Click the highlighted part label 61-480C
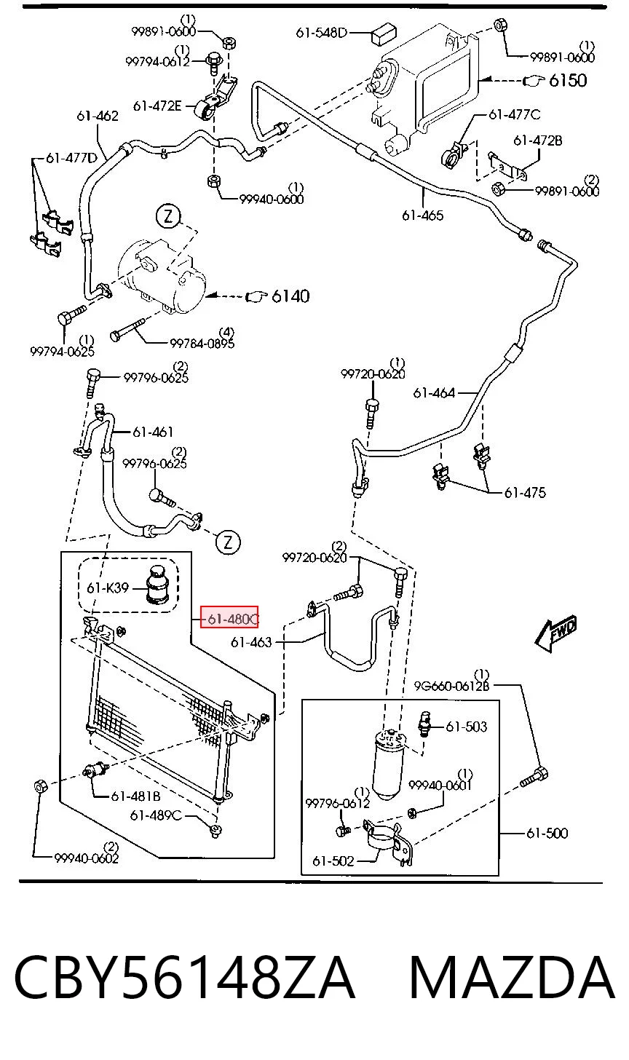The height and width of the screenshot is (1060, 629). tap(229, 618)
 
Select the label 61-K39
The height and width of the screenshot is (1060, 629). tap(108, 588)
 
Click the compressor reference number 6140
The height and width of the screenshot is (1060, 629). tap(290, 296)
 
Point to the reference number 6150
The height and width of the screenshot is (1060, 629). tap(568, 80)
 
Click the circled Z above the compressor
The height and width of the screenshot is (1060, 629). tap(168, 217)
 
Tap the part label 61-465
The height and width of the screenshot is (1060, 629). tap(423, 215)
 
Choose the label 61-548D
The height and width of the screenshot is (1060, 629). tap(322, 33)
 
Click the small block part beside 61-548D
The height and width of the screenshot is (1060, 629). tap(384, 34)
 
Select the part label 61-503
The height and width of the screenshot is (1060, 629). tap(467, 727)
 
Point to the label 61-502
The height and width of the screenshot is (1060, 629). tap(333, 861)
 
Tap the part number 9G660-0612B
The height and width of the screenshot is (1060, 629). tap(451, 686)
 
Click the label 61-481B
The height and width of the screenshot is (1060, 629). tap(136, 796)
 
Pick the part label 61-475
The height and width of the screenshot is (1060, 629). tap(525, 493)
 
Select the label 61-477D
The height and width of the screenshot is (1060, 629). tap(71, 157)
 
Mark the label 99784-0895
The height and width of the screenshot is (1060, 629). tap(202, 343)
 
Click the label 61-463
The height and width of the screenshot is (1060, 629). tap(251, 642)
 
